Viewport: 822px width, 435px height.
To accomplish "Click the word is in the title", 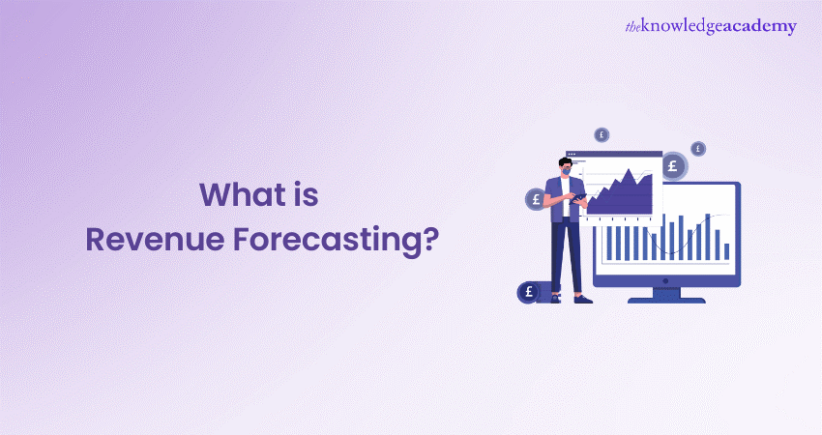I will tap(306, 196).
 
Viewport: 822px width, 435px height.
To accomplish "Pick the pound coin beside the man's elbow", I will tap(536, 199).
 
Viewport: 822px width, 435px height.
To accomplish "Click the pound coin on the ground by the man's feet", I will tap(529, 291).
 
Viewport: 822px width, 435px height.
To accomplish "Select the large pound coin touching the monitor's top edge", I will tap(674, 166).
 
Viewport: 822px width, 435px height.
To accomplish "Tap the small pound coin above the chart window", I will tap(602, 134).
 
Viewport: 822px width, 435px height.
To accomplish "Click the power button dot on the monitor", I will tap(666, 278).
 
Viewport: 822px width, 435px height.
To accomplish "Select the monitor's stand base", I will tap(666, 299).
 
